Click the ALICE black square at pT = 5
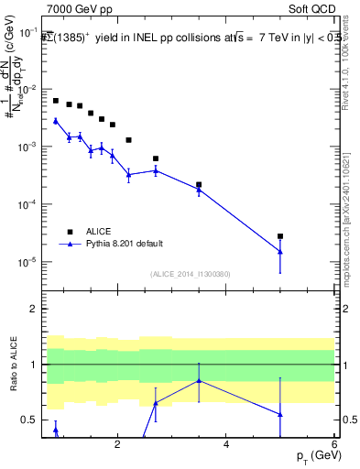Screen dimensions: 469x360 click(280, 236)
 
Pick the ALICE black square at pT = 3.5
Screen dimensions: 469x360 click(199, 185)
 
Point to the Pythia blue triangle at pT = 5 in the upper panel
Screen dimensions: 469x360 click(280, 252)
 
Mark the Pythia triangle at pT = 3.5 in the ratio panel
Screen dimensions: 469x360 click(199, 381)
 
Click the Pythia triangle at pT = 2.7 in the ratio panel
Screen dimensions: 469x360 click(156, 403)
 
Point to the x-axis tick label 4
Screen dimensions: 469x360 click(225, 444)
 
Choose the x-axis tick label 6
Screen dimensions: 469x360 click(333, 444)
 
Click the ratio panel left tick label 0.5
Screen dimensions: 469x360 click(28, 420)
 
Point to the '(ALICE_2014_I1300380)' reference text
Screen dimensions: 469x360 click(190, 274)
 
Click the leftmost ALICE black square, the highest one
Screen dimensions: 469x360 click(56, 101)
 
